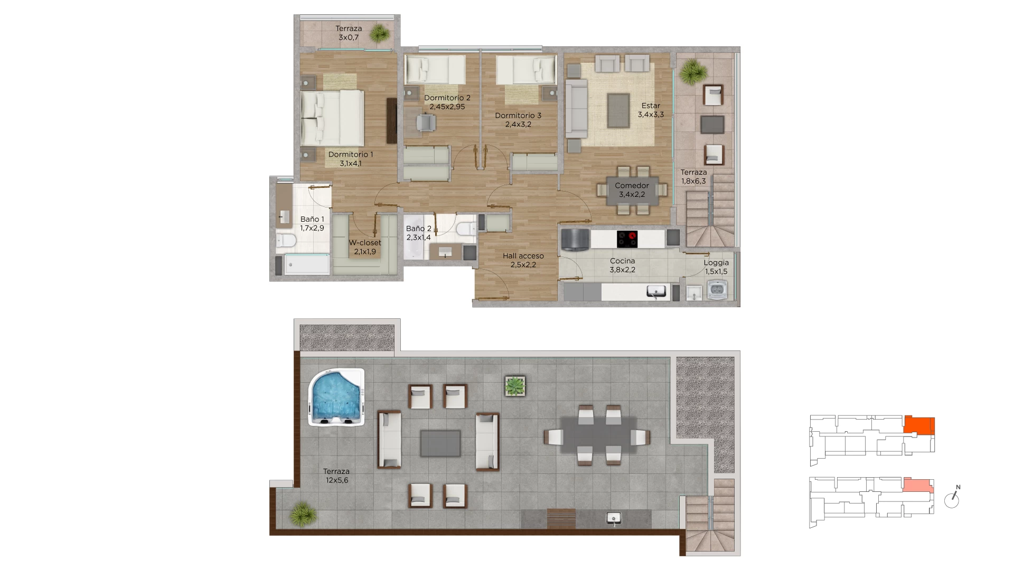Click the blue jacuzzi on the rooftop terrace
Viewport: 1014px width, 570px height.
click(x=336, y=397)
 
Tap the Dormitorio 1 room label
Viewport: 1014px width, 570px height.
click(x=351, y=159)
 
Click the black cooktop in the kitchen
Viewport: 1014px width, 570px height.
click(x=627, y=239)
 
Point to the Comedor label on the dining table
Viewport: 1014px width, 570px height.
click(x=632, y=185)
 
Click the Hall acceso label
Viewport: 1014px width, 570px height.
click(x=523, y=260)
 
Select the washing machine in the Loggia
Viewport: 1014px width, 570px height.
click(x=717, y=290)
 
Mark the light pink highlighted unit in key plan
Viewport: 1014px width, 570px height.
click(x=918, y=485)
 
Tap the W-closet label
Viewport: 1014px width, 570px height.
click(x=365, y=247)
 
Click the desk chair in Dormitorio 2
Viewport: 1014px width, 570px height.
click(x=425, y=122)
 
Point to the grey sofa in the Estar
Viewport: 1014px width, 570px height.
click(x=576, y=109)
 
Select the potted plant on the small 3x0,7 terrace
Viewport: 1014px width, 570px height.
click(x=379, y=34)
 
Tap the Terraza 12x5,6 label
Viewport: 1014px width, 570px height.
click(x=336, y=476)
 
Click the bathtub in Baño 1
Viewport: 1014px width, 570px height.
click(x=307, y=264)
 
